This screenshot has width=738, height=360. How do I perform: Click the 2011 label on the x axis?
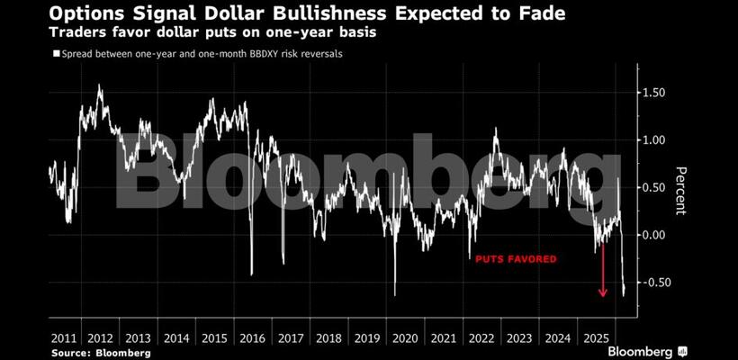pyautogui.click(x=64, y=339)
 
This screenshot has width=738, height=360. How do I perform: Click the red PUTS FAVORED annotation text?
pyautogui.click(x=517, y=259)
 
